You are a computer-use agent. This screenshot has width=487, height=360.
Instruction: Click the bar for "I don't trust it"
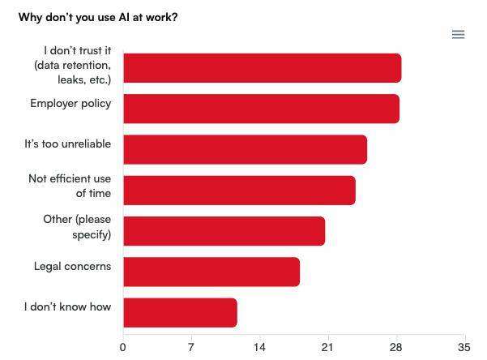pyautogui.click(x=262, y=68)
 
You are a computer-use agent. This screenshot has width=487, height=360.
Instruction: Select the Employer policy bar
pyautogui.click(x=261, y=109)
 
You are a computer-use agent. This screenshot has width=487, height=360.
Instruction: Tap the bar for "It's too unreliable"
pyautogui.click(x=245, y=149)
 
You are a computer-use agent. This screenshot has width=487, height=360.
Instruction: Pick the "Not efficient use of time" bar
pyautogui.click(x=239, y=191)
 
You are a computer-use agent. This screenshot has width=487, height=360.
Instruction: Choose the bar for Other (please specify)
pyautogui.click(x=224, y=231)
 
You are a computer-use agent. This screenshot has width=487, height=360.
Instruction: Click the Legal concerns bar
pyautogui.click(x=211, y=272)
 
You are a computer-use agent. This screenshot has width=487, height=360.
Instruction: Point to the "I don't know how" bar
pyautogui.click(x=180, y=313)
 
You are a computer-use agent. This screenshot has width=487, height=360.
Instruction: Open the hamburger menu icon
pyautogui.click(x=458, y=34)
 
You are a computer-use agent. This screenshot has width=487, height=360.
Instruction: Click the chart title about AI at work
pyautogui.click(x=98, y=17)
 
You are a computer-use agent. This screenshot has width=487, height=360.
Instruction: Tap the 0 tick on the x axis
pyautogui.click(x=123, y=347)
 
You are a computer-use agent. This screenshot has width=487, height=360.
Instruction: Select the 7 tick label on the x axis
pyautogui.click(x=191, y=347)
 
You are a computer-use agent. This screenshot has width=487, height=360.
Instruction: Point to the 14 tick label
pyautogui.click(x=259, y=347)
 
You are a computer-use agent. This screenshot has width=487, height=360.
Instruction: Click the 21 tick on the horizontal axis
pyautogui.click(x=328, y=347)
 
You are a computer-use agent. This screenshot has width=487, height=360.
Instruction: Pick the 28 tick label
pyautogui.click(x=396, y=347)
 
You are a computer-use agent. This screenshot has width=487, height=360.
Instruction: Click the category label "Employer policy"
pyautogui.click(x=70, y=104)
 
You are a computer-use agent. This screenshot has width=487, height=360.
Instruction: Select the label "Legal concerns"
pyautogui.click(x=72, y=266)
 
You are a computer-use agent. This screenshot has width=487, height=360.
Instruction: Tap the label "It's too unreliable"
pyautogui.click(x=67, y=144)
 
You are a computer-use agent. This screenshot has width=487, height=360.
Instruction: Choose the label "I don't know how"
pyautogui.click(x=67, y=307)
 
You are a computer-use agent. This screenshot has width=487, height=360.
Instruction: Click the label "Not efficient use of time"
pyautogui.click(x=70, y=186)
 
